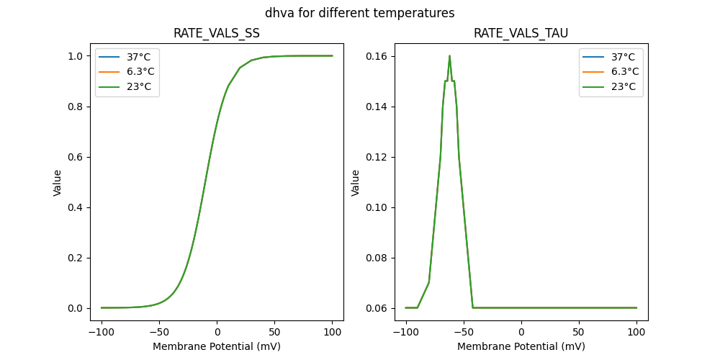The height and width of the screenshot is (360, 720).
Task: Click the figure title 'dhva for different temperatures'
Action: pos(359,13)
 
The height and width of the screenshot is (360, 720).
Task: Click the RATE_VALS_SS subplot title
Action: pos(217,34)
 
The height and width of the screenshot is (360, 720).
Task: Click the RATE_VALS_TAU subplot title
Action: pos(521,34)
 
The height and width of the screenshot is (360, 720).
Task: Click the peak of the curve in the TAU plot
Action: pos(449,56)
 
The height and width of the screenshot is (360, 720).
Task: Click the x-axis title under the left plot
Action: pos(217,346)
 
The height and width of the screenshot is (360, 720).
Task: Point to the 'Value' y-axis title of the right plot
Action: pos(355,183)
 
